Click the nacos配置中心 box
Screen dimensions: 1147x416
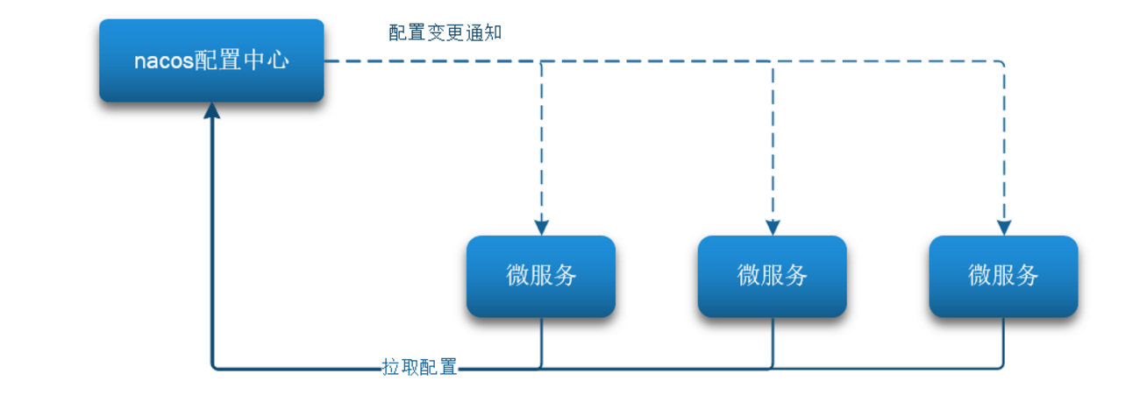click(x=211, y=60)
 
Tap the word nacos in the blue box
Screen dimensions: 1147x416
click(x=164, y=61)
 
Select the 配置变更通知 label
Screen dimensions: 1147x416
click(x=445, y=32)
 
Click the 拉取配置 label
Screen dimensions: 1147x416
click(x=419, y=367)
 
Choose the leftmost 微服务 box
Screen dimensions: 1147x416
click(x=541, y=276)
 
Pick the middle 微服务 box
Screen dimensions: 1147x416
click(x=773, y=276)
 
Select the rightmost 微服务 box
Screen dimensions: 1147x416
click(x=1003, y=276)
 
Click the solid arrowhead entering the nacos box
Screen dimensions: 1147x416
click(x=212, y=110)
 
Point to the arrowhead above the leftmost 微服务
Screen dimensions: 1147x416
click(x=542, y=228)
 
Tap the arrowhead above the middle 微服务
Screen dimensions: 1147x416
click(x=773, y=228)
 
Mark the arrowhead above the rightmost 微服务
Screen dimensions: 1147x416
click(x=1004, y=228)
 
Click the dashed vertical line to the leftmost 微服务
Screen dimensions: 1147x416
click(x=542, y=141)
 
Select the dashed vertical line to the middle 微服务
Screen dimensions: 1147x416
click(x=773, y=141)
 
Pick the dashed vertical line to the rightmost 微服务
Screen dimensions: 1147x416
click(x=1004, y=141)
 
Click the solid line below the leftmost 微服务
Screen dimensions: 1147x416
click(x=542, y=342)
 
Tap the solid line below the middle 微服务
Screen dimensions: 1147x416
click(x=773, y=342)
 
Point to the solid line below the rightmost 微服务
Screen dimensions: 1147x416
click(x=1003, y=342)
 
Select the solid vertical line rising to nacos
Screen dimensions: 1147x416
click(x=212, y=241)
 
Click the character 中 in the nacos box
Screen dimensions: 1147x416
click(x=254, y=61)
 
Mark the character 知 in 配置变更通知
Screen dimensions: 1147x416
click(x=493, y=32)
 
